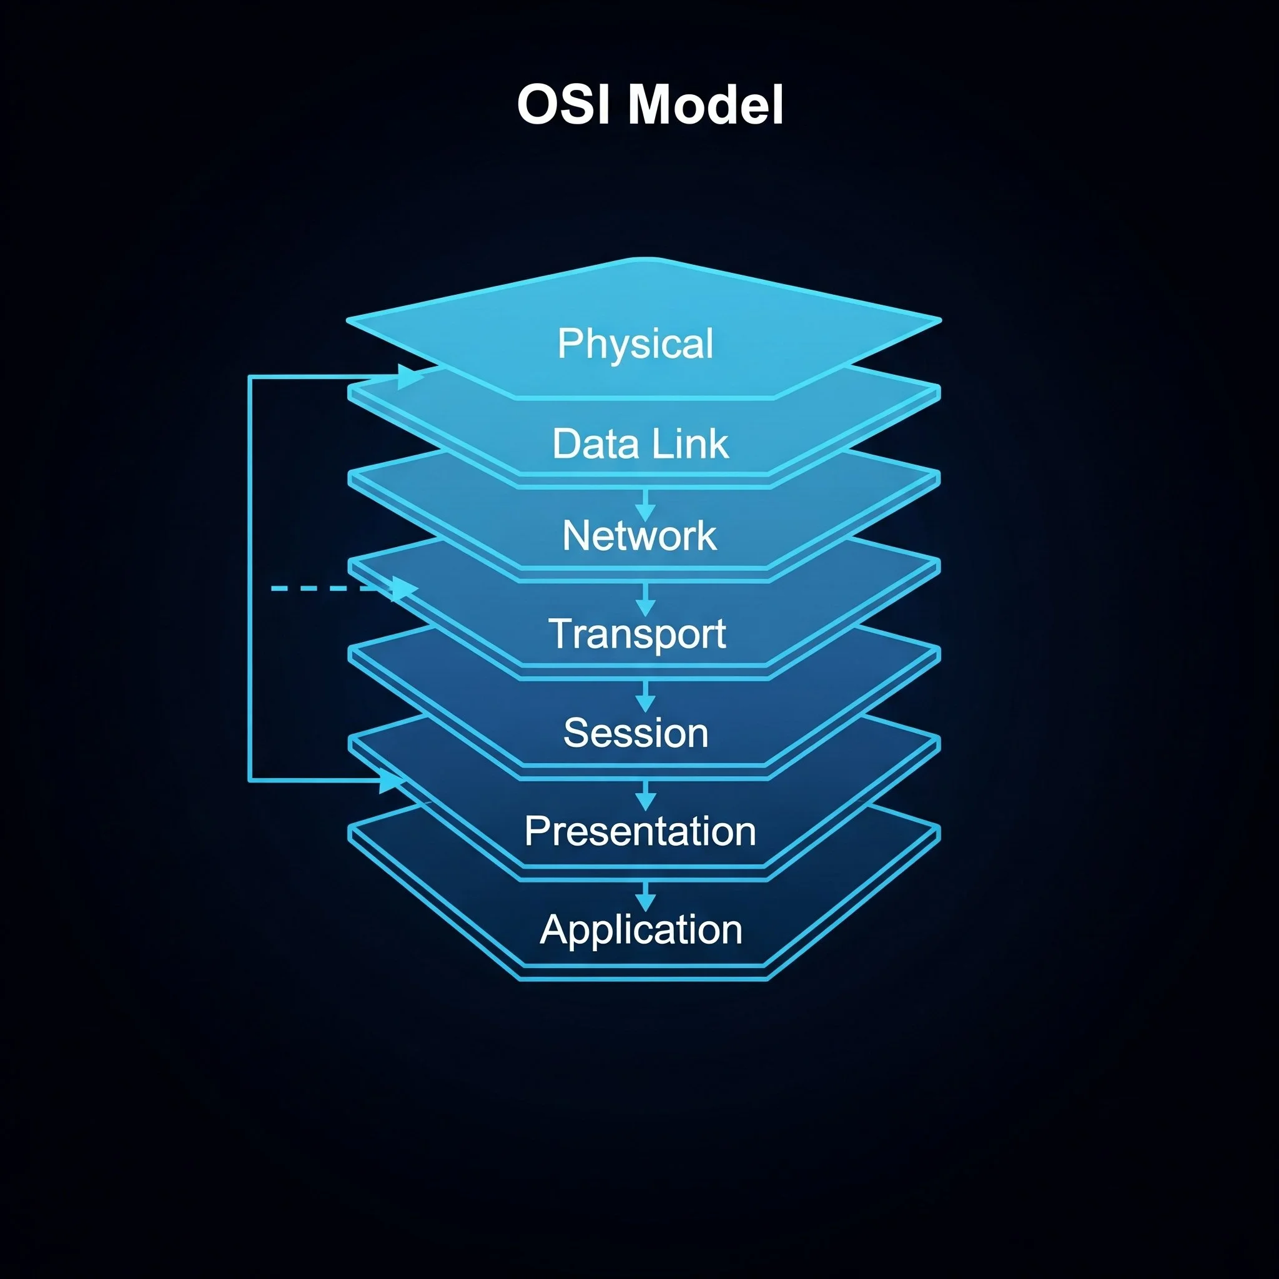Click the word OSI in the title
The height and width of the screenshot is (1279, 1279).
click(x=563, y=104)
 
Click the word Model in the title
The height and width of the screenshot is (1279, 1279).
click(x=706, y=104)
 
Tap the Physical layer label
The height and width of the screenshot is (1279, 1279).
click(x=636, y=343)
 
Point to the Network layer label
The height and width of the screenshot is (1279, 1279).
click(x=639, y=536)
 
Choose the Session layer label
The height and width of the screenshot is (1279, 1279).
click(x=636, y=733)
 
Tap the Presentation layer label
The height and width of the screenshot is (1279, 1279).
click(x=640, y=831)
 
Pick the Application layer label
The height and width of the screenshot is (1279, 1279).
click(x=641, y=929)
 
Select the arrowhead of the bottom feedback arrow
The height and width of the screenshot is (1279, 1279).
click(x=391, y=781)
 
